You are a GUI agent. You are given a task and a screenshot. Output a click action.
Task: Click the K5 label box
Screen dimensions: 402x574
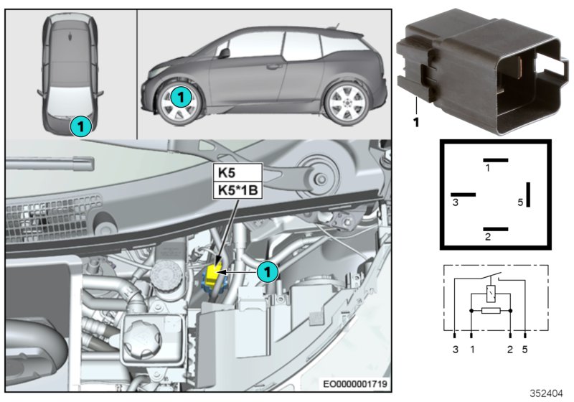pos(238,173)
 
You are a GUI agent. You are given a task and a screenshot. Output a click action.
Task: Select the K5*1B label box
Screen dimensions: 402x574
pos(238,190)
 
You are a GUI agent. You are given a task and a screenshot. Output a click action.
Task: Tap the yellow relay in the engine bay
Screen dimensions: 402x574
pos(214,274)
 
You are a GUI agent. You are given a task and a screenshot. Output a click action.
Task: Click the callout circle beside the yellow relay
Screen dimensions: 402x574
pos(266,271)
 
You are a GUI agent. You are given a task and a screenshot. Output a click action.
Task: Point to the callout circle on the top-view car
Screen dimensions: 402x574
pos(80,126)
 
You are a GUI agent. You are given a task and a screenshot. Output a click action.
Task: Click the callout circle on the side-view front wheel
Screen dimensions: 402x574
pos(182,95)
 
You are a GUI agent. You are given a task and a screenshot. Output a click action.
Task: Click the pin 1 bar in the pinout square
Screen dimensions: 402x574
pos(495,160)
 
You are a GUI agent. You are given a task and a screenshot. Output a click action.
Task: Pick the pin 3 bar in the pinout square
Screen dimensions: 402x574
pos(464,194)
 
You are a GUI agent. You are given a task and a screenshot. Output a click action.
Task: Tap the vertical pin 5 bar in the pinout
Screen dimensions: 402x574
pos(527,194)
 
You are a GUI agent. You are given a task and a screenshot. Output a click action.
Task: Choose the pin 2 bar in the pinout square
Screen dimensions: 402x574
pos(495,229)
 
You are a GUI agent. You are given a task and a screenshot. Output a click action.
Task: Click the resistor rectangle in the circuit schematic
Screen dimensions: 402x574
pos(490,311)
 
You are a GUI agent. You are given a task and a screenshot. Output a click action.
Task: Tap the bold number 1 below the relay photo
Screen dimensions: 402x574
pos(415,122)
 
